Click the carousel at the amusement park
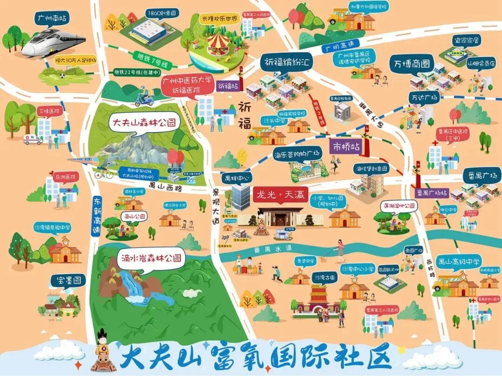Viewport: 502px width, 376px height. click(x=218, y=44)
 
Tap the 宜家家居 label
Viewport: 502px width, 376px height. click(x=467, y=40)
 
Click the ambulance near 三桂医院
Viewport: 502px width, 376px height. click(x=33, y=139)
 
